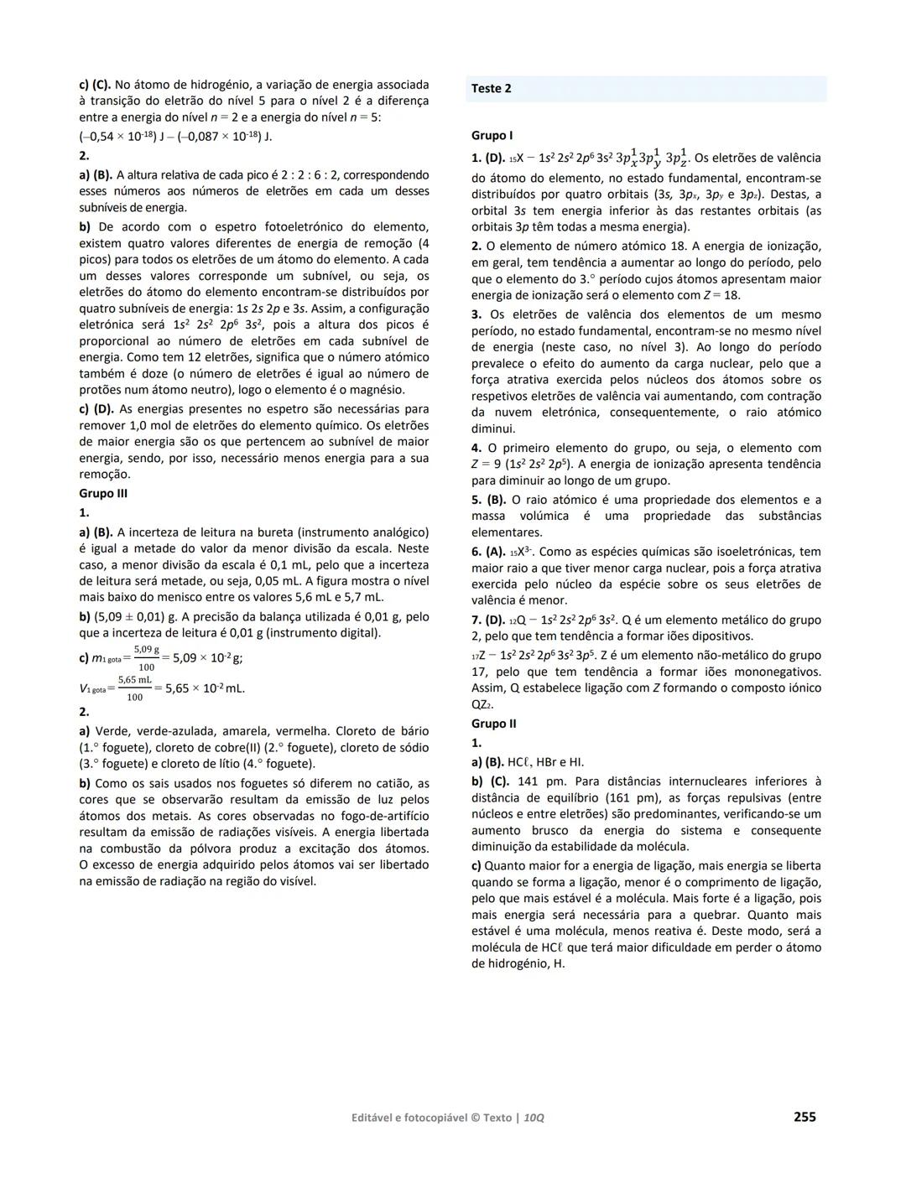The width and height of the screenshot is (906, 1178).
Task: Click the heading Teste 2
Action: [492, 89]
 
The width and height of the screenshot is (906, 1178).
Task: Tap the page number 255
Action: [804, 1116]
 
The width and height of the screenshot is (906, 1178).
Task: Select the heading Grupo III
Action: [103, 493]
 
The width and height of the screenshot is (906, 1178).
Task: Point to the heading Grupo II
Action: [493, 724]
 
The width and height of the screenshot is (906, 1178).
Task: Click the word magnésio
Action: [372, 390]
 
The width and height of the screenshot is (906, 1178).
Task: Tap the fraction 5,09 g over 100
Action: [146, 658]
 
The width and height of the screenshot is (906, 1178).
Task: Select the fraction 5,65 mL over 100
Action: [134, 688]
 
